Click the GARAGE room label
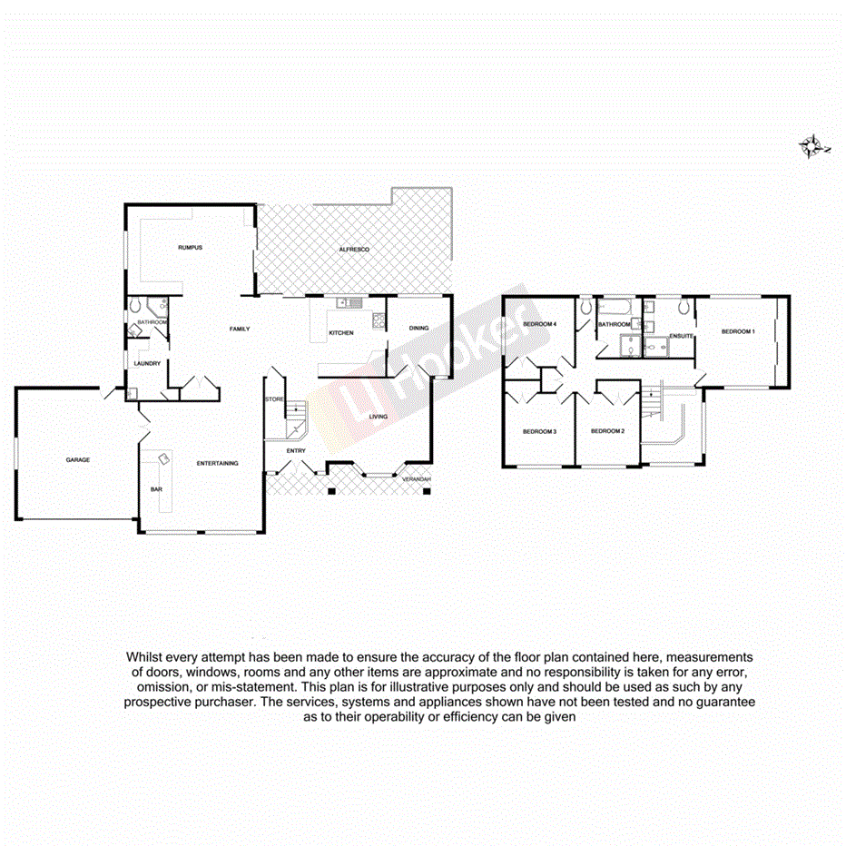(77, 460)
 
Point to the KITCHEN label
(341, 333)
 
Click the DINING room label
(418, 329)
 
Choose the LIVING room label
(379, 417)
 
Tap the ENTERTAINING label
(218, 464)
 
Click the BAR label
(156, 490)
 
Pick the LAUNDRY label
(147, 364)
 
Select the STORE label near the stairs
(273, 399)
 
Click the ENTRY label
(296, 450)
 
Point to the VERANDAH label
(417, 479)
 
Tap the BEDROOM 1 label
(738, 332)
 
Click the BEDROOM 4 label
(539, 324)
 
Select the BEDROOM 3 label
(539, 431)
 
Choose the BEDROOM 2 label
(607, 431)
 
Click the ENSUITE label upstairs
(682, 337)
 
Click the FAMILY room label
(239, 329)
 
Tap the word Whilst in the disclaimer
(146, 656)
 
